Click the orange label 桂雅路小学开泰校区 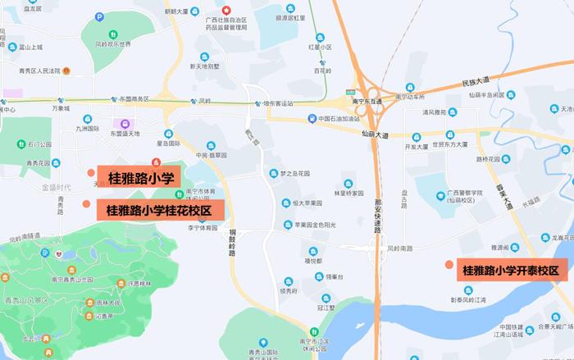(509, 270)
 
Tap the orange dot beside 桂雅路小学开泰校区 (448, 264)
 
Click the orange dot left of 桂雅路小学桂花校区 (86, 203)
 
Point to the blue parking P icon (100, 16)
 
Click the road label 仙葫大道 (374, 133)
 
